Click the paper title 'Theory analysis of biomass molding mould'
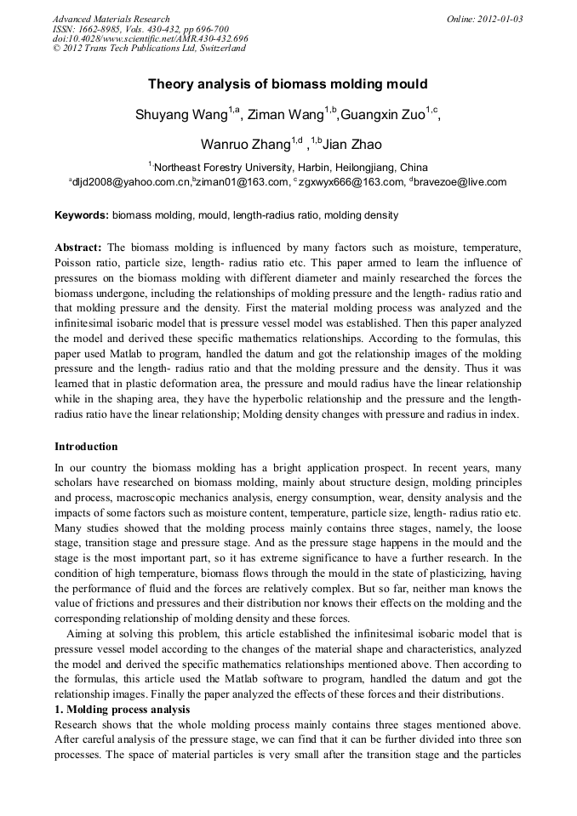point(288,84)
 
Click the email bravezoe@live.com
point(460,182)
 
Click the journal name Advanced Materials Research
point(111,19)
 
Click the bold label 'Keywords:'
point(82,215)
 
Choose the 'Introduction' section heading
point(86,447)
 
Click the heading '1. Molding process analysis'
point(123,710)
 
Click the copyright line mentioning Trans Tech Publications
point(149,49)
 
